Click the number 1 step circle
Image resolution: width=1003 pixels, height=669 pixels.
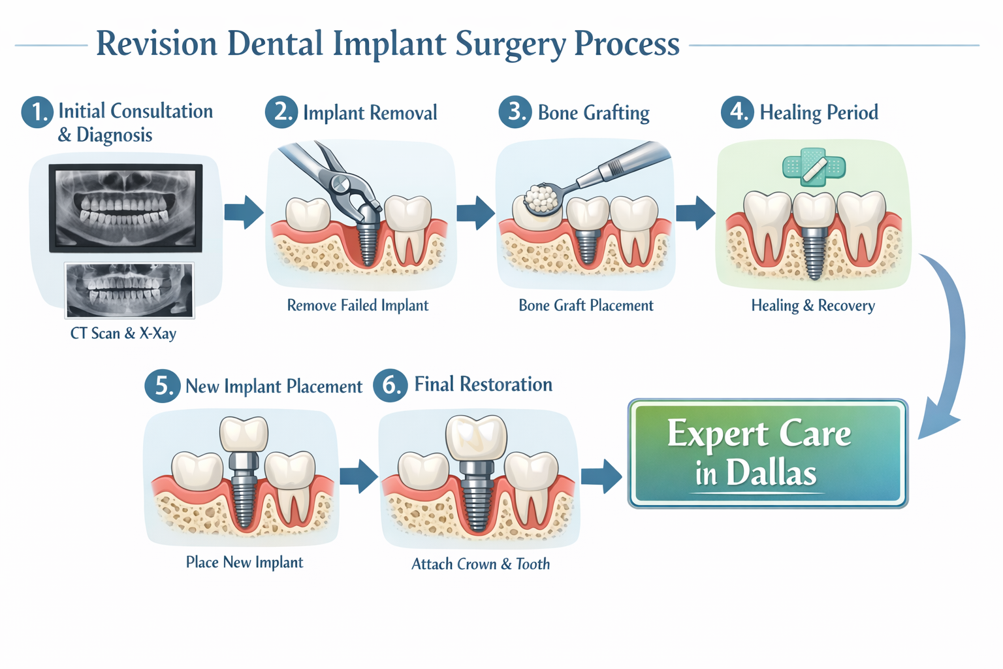pos(37,112)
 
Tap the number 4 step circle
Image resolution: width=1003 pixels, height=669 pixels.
pos(737,112)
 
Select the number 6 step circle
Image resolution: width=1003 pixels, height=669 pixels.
pos(390,385)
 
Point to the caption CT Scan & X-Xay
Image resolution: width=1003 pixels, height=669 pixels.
pos(123,333)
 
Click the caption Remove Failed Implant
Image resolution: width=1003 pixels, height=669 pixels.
pos(358,305)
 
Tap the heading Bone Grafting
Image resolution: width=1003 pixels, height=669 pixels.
pos(593,112)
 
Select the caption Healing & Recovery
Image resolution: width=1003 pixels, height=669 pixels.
pos(813,305)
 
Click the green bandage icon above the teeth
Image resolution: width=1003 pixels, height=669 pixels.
pos(814,167)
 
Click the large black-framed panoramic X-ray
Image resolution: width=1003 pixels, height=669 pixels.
pos(125,208)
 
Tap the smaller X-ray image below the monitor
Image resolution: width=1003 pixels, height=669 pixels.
pos(129,290)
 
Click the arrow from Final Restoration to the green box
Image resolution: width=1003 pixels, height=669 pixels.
pos(601,476)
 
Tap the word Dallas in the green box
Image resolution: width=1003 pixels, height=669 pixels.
pos(771,473)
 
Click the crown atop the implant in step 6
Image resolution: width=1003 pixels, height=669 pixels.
pos(476,437)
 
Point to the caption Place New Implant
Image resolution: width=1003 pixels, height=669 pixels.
pos(244,562)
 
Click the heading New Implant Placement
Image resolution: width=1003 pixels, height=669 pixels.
pos(274,386)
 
